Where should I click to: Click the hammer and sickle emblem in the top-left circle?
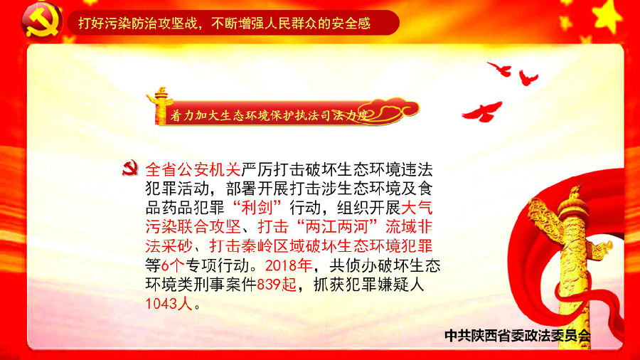pos(42,23)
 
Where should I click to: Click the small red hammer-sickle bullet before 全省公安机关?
pos(130,168)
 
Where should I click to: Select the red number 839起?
pos(277,285)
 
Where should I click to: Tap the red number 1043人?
pos(169,304)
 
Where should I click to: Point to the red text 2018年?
pos(289,265)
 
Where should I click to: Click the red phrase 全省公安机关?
pos(193,169)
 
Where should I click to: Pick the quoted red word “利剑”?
pos(257,208)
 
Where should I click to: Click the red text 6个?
pos(173,265)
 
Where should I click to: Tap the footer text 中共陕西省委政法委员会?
pos(518,336)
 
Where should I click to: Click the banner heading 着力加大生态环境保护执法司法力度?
pos(269,115)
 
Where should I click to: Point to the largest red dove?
pos(482,112)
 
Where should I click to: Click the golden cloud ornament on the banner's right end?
pos(394,110)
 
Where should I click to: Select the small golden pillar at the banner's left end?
pos(159,105)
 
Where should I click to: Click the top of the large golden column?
pos(575,192)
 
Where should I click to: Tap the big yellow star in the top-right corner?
pos(609,16)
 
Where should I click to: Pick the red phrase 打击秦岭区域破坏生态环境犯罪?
pos(321,246)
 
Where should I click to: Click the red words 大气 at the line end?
pos(417,208)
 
